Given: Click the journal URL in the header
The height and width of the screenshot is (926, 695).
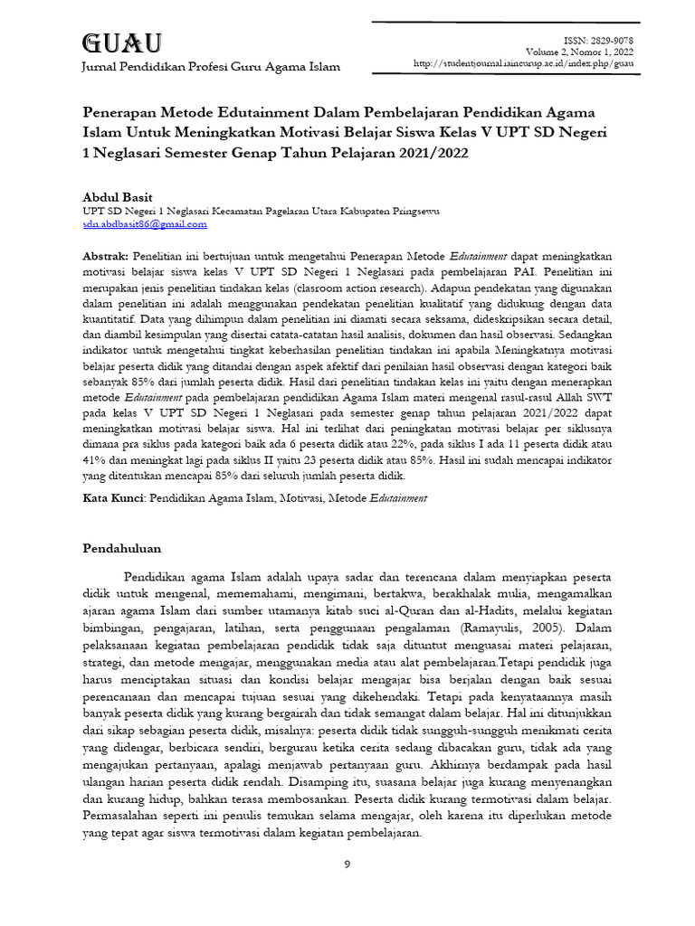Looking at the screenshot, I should [x=522, y=64].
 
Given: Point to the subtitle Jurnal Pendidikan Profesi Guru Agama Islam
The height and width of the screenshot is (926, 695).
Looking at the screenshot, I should [x=211, y=67].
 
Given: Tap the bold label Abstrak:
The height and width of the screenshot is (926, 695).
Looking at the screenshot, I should [x=107, y=257].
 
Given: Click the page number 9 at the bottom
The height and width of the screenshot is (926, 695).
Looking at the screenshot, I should [x=347, y=865].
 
